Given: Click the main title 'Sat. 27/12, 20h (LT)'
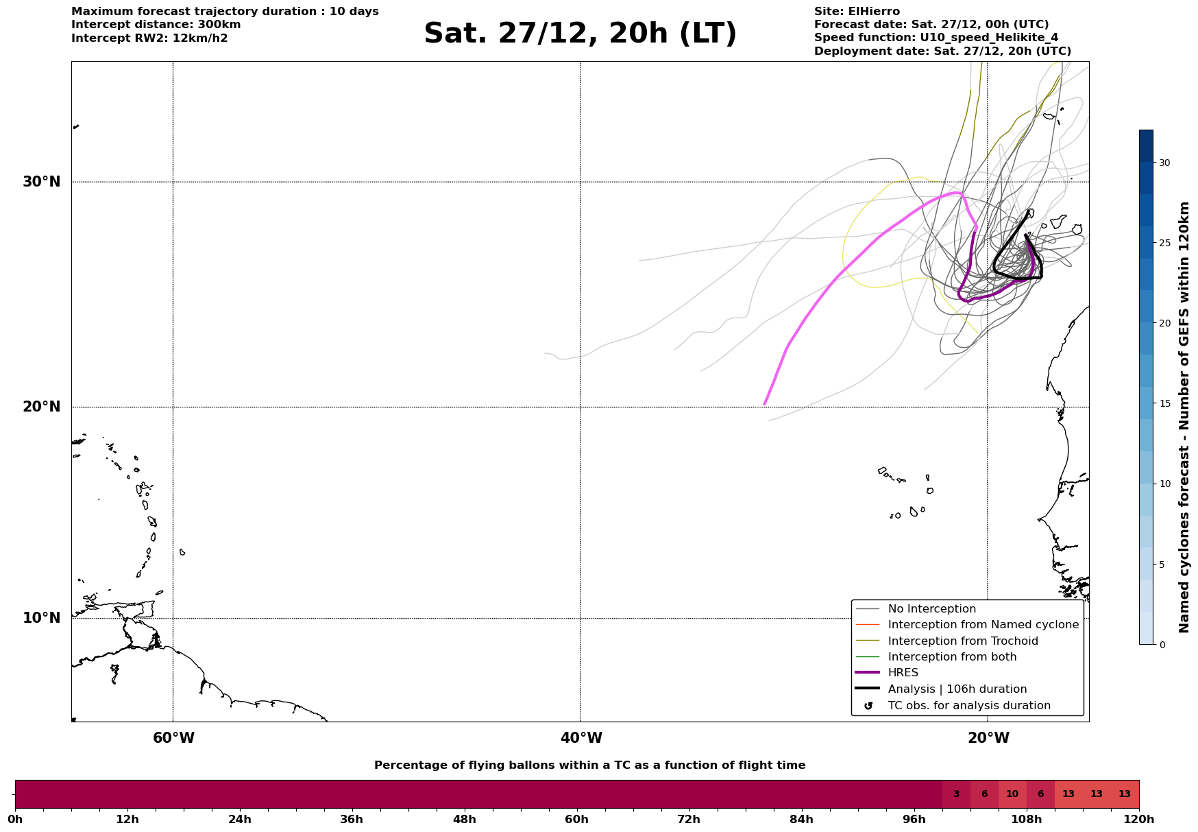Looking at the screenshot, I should [x=580, y=34].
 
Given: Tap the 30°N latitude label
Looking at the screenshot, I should [x=41, y=182].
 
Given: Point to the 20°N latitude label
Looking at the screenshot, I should [x=41, y=407].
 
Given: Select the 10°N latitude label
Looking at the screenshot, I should [x=41, y=618].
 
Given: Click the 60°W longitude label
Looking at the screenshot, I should [x=173, y=738].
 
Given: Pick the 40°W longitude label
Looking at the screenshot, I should [x=581, y=738].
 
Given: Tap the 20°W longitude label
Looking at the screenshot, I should [x=988, y=738].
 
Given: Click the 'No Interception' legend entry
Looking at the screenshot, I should [x=931, y=609].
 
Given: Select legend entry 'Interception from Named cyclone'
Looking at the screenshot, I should [x=983, y=625].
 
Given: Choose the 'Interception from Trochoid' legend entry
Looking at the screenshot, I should [x=962, y=641].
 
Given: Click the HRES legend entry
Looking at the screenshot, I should [x=903, y=673].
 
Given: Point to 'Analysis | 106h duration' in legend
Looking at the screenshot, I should [x=957, y=689].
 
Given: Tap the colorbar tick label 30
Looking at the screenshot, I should [x=1164, y=163].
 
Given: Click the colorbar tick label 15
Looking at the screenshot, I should [x=1164, y=403].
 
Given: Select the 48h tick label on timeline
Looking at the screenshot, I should [x=464, y=819].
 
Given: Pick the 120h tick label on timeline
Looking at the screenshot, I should [x=1139, y=819].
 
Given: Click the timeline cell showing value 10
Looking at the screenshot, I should [x=1012, y=794].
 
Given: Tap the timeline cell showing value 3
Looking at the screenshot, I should [x=956, y=794].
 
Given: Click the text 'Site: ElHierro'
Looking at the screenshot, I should [x=857, y=12].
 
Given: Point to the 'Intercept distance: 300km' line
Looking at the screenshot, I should [x=156, y=25].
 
